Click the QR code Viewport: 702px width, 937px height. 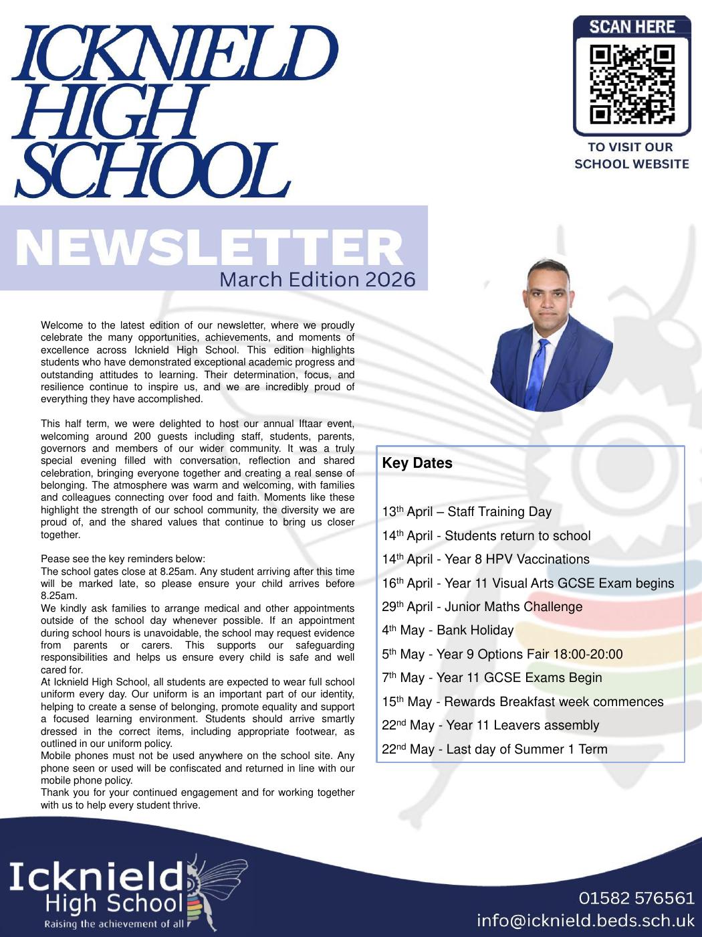632,84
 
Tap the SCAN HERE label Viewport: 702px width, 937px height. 632,27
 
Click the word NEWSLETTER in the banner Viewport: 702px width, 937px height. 209,248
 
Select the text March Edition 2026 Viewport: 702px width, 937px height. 317,279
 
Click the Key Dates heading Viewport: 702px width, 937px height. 417,463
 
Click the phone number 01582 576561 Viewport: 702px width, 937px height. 636,898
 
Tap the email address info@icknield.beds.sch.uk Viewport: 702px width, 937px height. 586,920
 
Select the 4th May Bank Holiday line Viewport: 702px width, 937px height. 448,630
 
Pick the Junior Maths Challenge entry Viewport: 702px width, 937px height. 513,606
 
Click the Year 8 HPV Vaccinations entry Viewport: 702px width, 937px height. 517,559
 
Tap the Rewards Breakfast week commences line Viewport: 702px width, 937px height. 554,701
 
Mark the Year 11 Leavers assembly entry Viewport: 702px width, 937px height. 522,725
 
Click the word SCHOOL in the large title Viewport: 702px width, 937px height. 152,171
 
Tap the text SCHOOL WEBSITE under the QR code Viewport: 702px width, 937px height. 632,164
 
